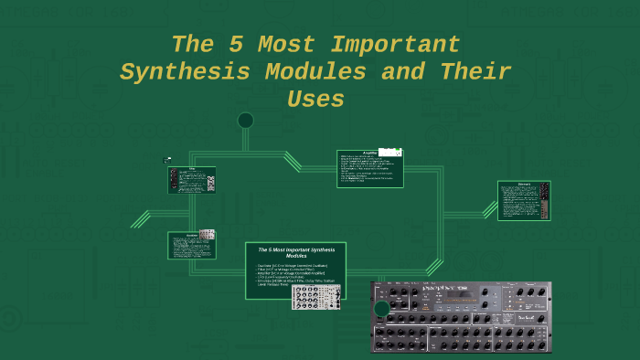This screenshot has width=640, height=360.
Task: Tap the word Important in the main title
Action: (x=396, y=44)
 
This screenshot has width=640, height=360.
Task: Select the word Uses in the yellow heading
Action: (x=315, y=99)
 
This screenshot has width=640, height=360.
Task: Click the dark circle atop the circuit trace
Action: (x=245, y=120)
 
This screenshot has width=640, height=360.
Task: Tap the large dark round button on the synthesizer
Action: (x=382, y=309)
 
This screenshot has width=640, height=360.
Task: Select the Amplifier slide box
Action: (x=369, y=168)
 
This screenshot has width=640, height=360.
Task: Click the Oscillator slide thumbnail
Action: (x=191, y=245)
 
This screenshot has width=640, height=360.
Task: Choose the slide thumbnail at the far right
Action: (x=523, y=200)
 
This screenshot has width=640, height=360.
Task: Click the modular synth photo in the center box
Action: (x=315, y=296)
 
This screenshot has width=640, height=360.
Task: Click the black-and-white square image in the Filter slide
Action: (x=210, y=183)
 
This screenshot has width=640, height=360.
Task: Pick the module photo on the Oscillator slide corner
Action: (x=207, y=235)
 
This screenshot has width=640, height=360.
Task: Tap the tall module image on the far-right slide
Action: (x=544, y=200)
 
